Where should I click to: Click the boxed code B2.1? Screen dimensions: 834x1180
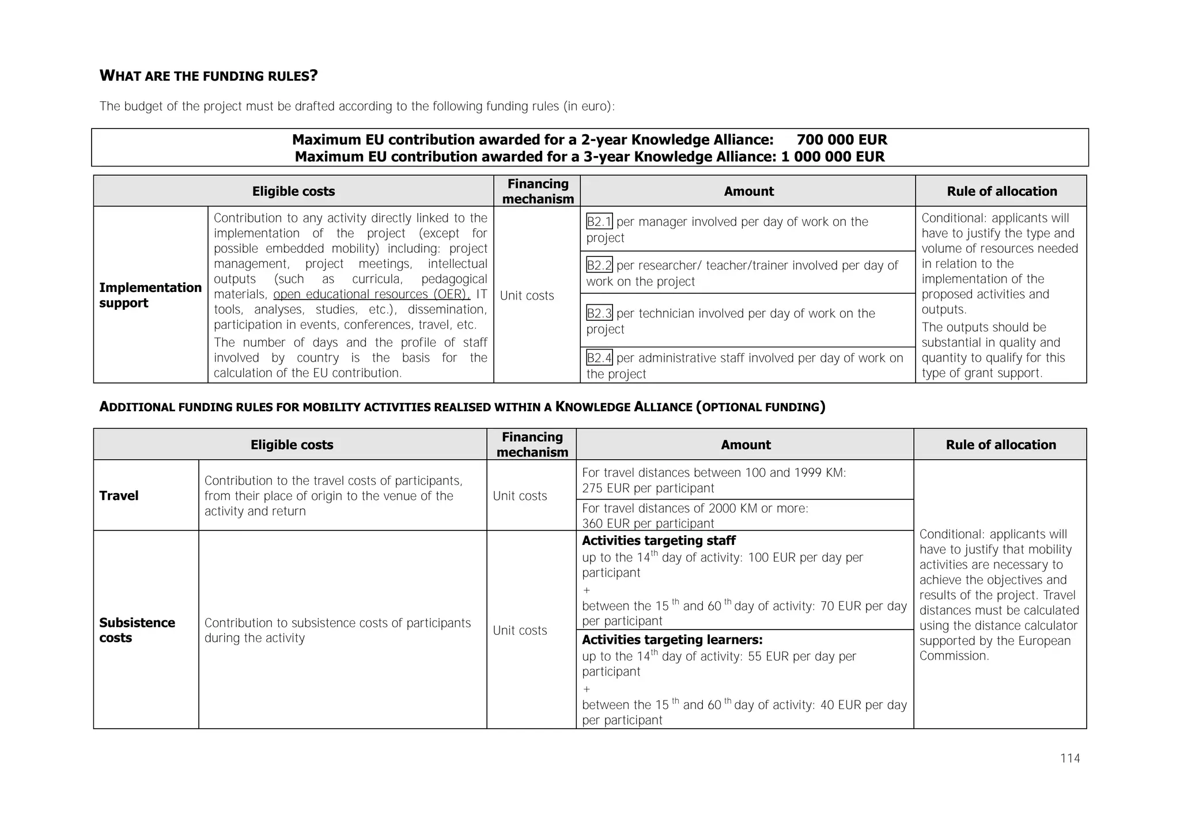click(599, 222)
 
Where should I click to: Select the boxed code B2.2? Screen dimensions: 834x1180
click(599, 266)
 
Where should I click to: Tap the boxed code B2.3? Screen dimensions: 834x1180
click(599, 313)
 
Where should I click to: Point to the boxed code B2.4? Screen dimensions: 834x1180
click(599, 358)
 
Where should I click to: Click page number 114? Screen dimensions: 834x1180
click(1070, 759)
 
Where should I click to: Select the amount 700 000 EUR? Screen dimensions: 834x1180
click(842, 140)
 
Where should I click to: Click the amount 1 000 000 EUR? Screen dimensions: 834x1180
click(833, 157)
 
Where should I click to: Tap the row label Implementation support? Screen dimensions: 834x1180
click(150, 295)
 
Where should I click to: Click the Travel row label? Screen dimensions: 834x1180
click(119, 496)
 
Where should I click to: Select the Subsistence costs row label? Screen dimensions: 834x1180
click(137, 630)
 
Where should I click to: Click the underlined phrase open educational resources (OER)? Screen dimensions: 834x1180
click(372, 294)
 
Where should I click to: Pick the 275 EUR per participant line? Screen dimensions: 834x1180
click(648, 488)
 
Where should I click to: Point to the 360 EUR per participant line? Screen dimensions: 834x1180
click(648, 524)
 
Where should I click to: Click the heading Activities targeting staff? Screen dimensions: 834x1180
click(659, 541)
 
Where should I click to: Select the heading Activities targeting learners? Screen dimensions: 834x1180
click(672, 640)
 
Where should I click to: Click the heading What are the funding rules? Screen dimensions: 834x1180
click(209, 76)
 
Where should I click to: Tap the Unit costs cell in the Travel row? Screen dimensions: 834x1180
click(520, 496)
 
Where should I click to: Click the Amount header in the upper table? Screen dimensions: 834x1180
click(748, 192)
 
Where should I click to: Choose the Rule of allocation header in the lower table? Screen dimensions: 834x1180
click(1001, 445)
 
